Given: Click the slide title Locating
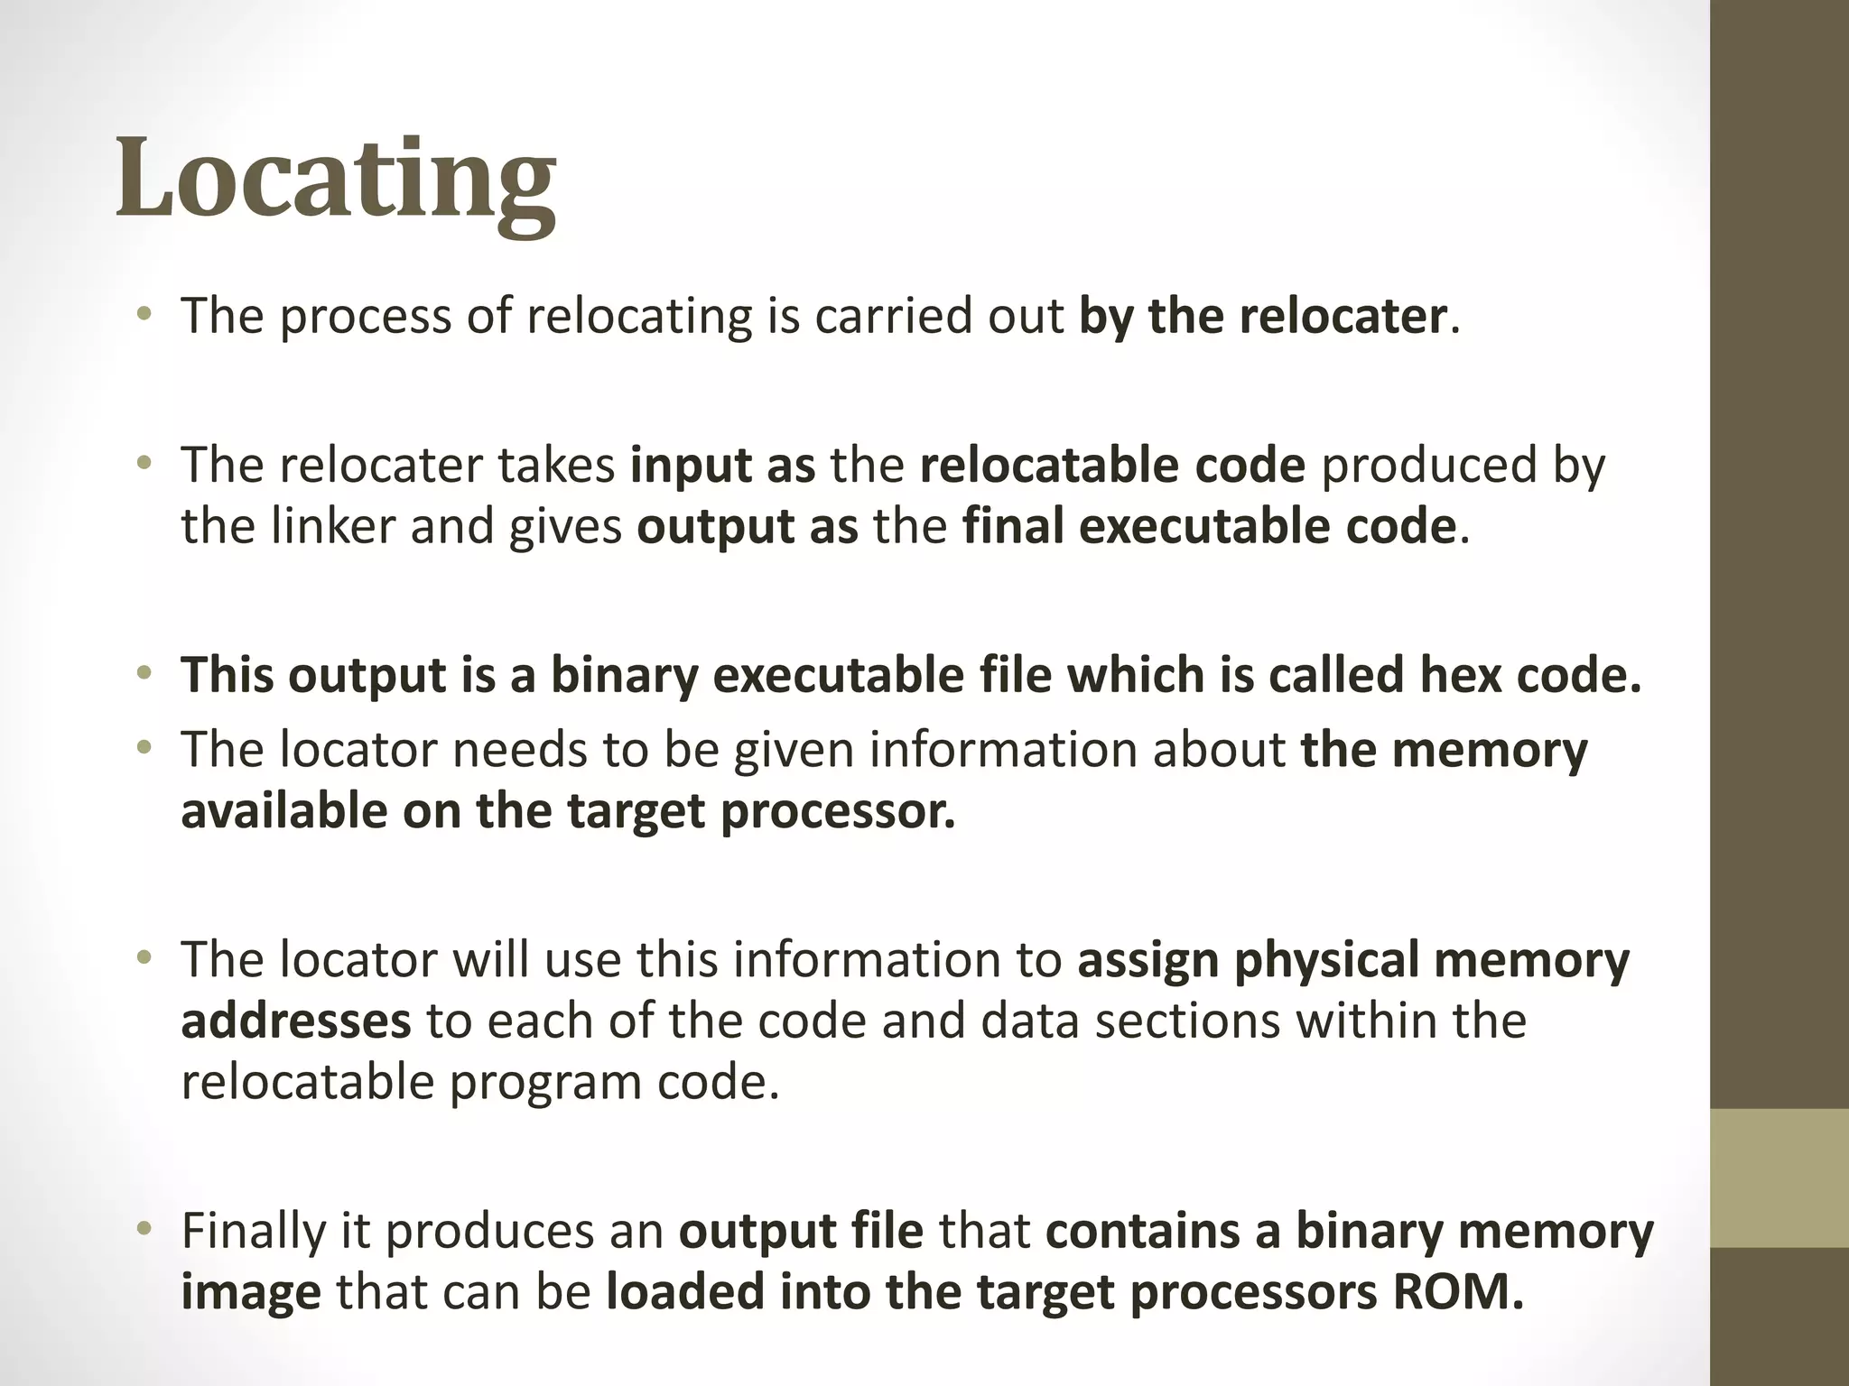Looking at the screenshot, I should (x=336, y=180).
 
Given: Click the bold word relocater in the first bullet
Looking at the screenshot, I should (x=1343, y=317).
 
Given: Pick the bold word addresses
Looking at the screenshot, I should (x=296, y=1021).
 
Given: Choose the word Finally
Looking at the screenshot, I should (x=253, y=1231).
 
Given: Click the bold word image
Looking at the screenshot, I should (x=250, y=1293).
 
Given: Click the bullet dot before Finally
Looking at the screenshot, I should (x=143, y=1229).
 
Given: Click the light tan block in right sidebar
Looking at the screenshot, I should (x=1779, y=1178).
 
